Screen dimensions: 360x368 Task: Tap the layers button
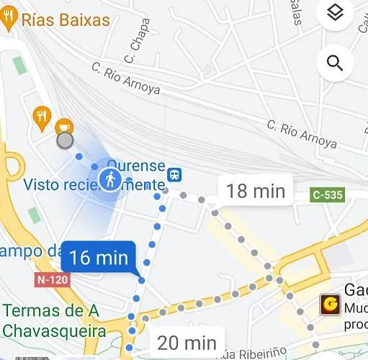(335, 13)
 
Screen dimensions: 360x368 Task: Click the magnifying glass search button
(335, 63)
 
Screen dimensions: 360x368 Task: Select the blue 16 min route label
(99, 257)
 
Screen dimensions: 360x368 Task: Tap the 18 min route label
(256, 191)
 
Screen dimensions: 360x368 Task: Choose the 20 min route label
(187, 343)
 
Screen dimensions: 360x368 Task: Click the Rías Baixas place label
(66, 19)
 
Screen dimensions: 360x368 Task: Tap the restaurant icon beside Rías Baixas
(9, 19)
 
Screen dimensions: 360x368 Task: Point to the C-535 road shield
(328, 194)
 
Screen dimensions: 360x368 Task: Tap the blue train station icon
(174, 175)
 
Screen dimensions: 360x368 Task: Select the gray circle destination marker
(65, 140)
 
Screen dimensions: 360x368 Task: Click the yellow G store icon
(331, 305)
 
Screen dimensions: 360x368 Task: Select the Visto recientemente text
(94, 185)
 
